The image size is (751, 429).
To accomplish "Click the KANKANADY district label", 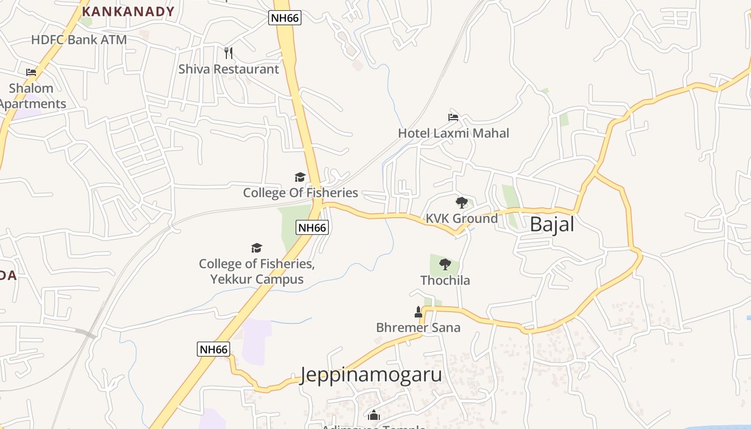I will [128, 11].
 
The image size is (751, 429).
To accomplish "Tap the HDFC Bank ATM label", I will [79, 40].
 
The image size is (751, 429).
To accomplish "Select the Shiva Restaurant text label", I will [229, 69].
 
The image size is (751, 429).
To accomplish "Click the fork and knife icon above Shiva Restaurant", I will [229, 53].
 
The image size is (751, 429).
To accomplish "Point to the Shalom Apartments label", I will [32, 96].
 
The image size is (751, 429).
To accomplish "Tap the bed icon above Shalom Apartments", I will [31, 72].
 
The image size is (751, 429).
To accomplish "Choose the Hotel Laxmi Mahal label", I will [453, 133].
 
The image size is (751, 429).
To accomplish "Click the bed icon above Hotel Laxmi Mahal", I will [453, 117].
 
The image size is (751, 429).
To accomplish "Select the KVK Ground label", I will [461, 218].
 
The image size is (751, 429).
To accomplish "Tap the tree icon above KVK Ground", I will [461, 203].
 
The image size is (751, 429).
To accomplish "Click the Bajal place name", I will [551, 224].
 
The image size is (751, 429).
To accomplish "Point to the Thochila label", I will [445, 280].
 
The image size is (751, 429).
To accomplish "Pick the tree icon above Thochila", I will [445, 264].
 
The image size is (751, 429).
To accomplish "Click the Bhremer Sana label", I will [418, 328].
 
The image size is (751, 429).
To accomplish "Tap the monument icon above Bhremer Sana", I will [418, 312].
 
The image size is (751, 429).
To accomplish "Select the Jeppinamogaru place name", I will [371, 374].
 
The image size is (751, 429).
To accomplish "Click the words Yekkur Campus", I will [256, 279].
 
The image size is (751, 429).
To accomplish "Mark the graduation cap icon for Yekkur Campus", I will [257, 248].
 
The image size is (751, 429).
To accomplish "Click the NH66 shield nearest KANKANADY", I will [285, 18].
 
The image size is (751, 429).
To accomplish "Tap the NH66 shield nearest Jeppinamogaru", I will [213, 349].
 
